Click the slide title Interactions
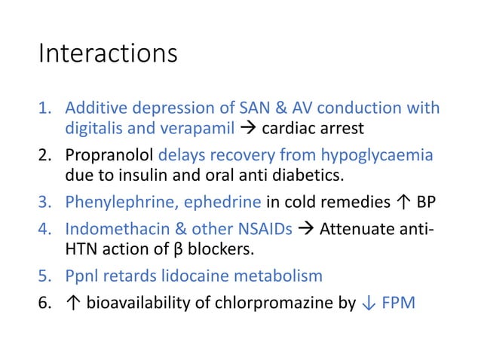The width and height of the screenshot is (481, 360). (108, 54)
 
